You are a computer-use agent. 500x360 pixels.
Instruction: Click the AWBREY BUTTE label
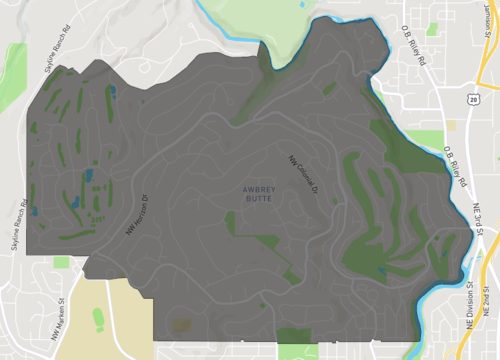tap(257, 193)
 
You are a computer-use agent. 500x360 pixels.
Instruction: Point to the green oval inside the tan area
tap(98, 319)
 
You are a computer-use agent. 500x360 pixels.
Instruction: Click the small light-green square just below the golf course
tap(62, 262)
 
